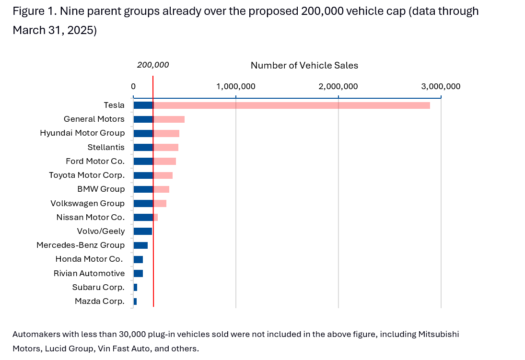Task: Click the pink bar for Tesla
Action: [x=292, y=105]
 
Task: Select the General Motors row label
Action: [x=94, y=119]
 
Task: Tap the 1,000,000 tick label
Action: [x=236, y=86]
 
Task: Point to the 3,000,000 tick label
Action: [x=441, y=86]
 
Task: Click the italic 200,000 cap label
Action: [x=153, y=65]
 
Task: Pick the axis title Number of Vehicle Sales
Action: [x=304, y=65]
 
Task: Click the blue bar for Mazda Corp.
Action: [x=135, y=302]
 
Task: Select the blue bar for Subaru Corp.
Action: [x=135, y=288]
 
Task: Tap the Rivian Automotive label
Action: [x=89, y=273]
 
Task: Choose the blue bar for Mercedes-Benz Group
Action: [x=140, y=245]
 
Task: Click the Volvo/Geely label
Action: [x=101, y=231]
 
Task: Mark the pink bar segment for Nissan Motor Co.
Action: [x=156, y=218]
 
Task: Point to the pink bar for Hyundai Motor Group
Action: [x=166, y=133]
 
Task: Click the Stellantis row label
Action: [x=106, y=147]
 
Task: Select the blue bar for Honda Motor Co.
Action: [x=138, y=259]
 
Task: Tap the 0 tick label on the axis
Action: [x=133, y=86]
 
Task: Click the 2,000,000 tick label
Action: [x=338, y=86]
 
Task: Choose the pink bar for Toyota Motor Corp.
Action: [x=163, y=175]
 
